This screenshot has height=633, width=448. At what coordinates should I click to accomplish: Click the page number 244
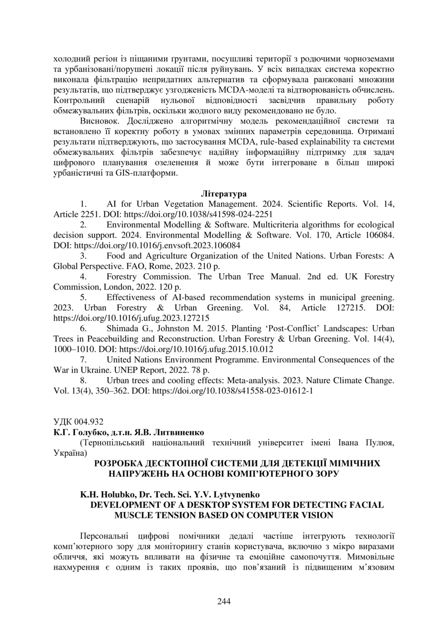[x=224, y=601]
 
